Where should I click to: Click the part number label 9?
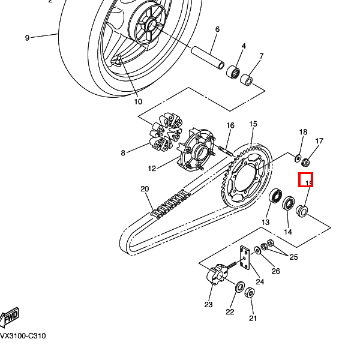coord(27,38)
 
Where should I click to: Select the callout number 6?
coord(217,29)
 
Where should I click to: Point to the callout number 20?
coord(145,189)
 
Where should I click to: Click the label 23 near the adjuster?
coord(208,305)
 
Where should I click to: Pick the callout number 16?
coord(230,125)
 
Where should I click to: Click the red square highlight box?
coord(307,180)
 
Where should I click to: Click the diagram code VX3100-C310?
coord(22,336)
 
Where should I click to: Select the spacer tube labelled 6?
coord(208,56)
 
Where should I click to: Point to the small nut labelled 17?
coord(305,161)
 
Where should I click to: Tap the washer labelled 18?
coord(298,158)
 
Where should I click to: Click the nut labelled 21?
coord(251,293)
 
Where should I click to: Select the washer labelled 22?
coord(239,287)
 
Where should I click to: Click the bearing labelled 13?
coord(277,197)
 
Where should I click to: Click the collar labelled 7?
coord(246,80)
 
